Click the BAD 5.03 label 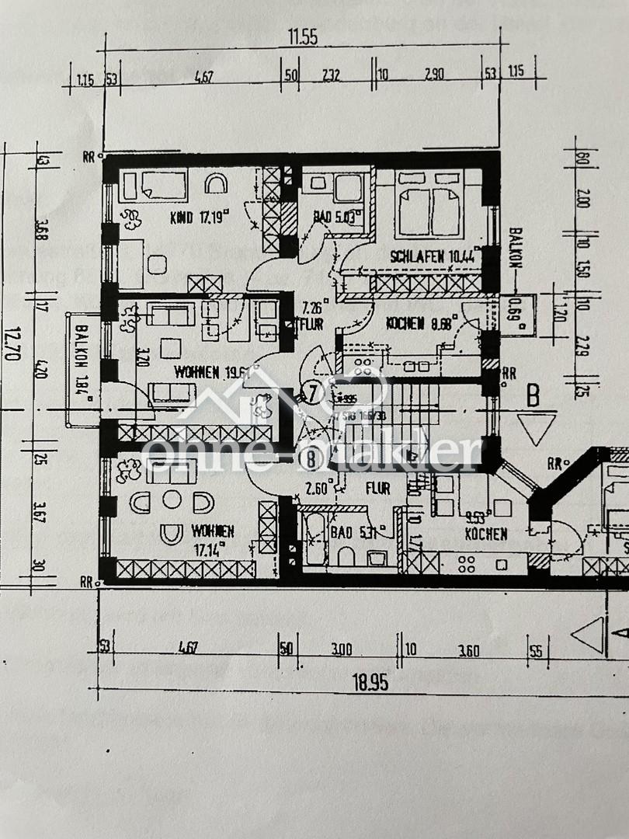pos(328,218)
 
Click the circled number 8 pos(311,459)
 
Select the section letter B pos(534,396)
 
